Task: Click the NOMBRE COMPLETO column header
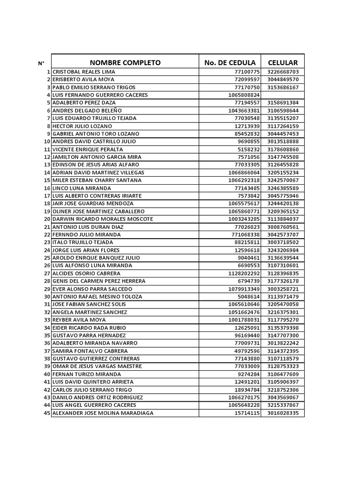tap(125, 63)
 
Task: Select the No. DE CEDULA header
tap(230, 63)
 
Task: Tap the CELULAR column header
tap(283, 63)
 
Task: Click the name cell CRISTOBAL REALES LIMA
tap(84, 72)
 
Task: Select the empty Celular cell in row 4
tap(283, 95)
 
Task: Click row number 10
tap(47, 142)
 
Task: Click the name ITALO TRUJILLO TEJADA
tap(83, 242)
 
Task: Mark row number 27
tap(47, 273)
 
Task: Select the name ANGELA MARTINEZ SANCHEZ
tap(90, 312)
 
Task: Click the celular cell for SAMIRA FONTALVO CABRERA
tap(283, 351)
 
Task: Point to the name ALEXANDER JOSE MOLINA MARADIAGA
tap(103, 413)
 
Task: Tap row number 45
tap(47, 413)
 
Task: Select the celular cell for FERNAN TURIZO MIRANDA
tap(283, 374)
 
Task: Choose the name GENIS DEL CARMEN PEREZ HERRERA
tap(99, 281)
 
